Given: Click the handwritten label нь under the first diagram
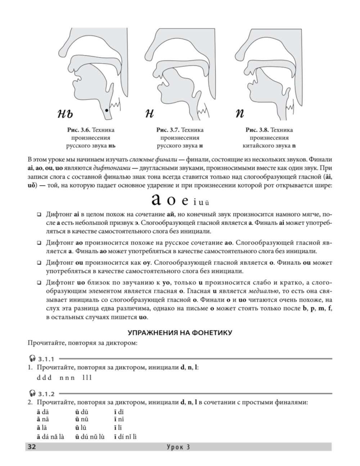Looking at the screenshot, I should tap(65, 114).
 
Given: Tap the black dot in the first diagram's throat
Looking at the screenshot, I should tap(106, 109).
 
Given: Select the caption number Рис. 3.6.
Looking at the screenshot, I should tap(75, 130).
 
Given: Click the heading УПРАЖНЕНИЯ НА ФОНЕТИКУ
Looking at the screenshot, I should tap(180, 333).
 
